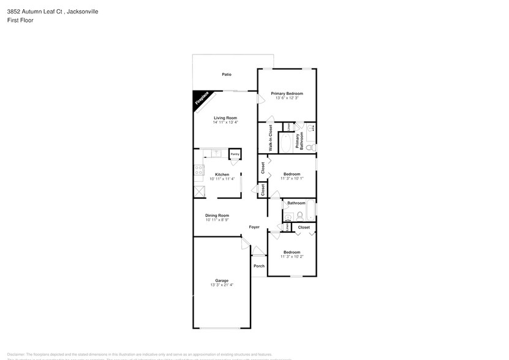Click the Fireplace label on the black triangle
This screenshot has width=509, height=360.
202,100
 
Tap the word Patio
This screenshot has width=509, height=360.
227,75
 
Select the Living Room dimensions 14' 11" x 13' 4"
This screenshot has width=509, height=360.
225,122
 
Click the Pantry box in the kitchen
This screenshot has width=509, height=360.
235,154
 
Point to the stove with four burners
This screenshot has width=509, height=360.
198,171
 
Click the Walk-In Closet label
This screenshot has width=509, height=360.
270,138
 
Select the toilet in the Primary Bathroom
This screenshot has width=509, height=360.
310,148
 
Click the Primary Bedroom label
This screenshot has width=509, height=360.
287,94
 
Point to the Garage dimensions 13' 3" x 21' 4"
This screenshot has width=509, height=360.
222,285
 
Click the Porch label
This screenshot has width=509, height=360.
259,266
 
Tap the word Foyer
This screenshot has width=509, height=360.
254,227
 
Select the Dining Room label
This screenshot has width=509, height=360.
217,215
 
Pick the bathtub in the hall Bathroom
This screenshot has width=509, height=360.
311,210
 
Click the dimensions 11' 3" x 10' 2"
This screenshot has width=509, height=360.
292,257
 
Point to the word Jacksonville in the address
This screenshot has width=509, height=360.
83,12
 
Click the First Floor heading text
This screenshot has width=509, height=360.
21,20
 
